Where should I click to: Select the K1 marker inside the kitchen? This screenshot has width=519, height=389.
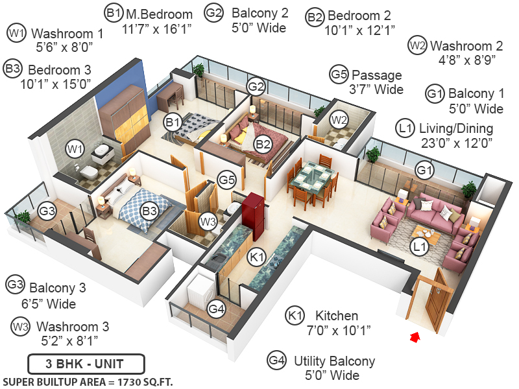pos(257,258)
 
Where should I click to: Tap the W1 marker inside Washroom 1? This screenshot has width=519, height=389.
pos(75,150)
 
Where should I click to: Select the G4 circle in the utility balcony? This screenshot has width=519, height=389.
pos(217,309)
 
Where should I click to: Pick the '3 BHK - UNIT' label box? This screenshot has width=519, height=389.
pos(86,363)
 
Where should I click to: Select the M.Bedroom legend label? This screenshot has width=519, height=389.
pos(158,14)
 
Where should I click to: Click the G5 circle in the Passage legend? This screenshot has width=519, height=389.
pos(339,75)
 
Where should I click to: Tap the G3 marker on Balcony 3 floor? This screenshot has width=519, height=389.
pos(47,210)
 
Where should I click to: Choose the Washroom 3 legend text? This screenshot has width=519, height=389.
pos(72,326)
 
